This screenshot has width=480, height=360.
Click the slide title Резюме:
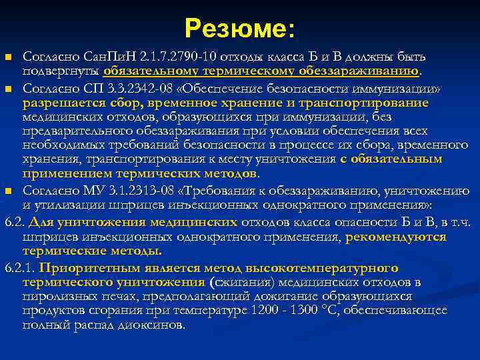[x=240, y=27]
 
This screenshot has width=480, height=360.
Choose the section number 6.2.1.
[x=19, y=268]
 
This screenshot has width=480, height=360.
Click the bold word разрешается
[x=57, y=103]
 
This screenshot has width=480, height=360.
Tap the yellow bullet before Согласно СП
[x=9, y=88]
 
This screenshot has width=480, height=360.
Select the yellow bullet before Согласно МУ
[x=9, y=192]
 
